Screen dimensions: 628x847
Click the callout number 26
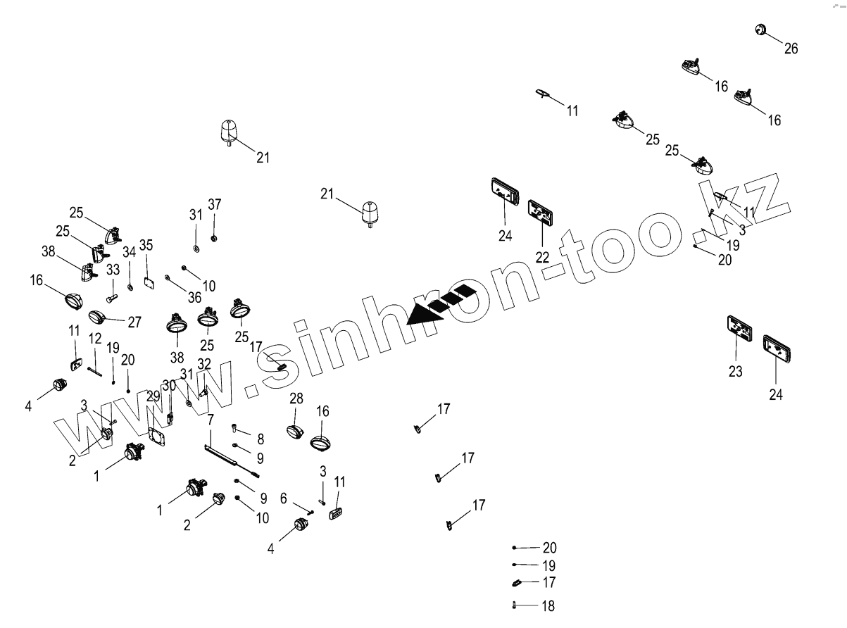[791, 49]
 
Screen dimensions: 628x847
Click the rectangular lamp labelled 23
[739, 329]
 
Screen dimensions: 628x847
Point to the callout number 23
[735, 371]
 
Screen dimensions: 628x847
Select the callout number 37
[214, 204]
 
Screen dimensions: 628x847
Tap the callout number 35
[146, 245]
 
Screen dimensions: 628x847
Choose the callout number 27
[134, 322]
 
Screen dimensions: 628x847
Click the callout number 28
[296, 398]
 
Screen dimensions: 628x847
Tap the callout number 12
[95, 338]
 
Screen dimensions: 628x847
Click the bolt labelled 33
[111, 299]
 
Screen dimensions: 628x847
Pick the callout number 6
[283, 498]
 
